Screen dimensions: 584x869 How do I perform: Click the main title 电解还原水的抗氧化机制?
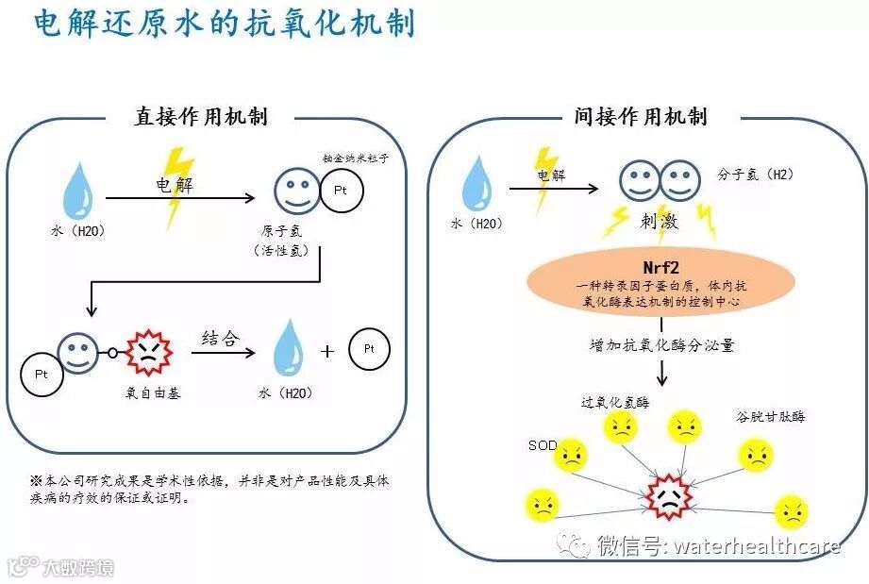224,24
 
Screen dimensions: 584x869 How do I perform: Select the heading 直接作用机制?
200,117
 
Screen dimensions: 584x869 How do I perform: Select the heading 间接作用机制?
640,117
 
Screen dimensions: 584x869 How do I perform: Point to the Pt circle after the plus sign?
369,350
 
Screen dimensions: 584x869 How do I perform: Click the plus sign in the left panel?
327,351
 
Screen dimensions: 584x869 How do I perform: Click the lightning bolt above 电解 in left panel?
177,189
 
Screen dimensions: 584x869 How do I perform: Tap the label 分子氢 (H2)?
755,175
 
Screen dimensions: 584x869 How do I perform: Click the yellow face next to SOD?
570,459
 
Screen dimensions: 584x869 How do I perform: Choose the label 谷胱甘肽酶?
770,416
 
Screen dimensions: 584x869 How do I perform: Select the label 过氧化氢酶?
615,402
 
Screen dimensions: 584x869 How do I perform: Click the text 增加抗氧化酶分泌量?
660,344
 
